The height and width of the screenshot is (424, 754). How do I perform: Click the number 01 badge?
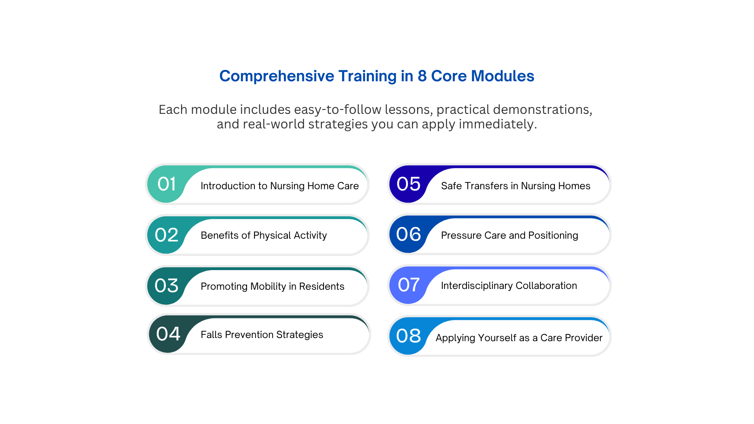[x=167, y=184]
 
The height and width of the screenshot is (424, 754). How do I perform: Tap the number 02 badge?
[x=167, y=235]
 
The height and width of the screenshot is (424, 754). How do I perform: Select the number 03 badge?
[x=167, y=286]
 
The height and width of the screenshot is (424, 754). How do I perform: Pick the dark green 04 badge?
[x=168, y=334]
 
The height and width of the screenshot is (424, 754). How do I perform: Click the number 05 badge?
[x=408, y=184]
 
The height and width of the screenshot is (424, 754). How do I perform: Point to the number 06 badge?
[x=408, y=234]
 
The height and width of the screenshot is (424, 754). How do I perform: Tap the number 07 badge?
[x=408, y=285]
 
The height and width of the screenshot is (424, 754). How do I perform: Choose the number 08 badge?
[x=408, y=336]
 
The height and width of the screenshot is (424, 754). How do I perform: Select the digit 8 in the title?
[x=422, y=76]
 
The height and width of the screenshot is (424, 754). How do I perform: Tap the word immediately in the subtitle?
[x=498, y=124]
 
